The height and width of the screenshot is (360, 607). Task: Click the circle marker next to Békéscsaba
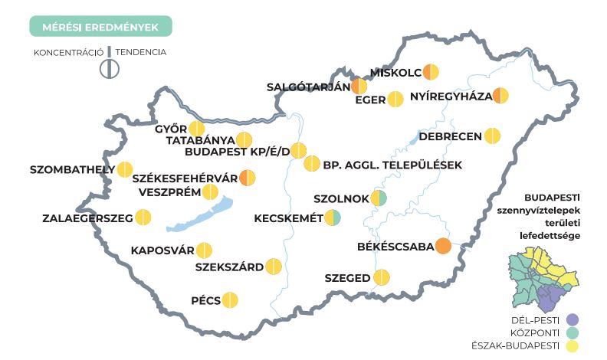(443, 247)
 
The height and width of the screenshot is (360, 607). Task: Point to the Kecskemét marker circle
(332, 218)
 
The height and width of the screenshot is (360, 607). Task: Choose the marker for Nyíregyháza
(500, 96)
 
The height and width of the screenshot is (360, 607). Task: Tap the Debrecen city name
(450, 136)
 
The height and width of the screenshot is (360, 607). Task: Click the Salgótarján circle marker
(359, 86)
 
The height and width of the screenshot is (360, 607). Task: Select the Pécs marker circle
(229, 300)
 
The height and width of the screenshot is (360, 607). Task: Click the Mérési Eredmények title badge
(100, 27)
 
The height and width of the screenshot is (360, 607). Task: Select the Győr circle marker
(197, 128)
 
